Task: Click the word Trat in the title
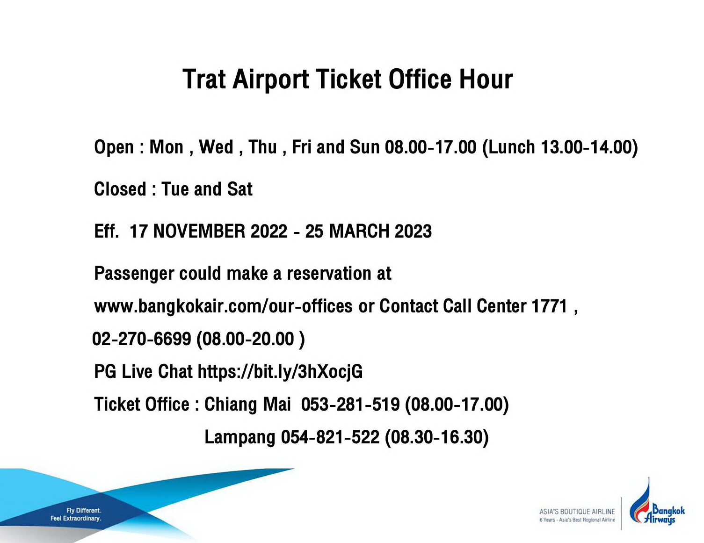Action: coord(204,79)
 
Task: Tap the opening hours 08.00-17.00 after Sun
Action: coord(430,147)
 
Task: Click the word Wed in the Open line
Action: coord(216,147)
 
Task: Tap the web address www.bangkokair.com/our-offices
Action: coord(223,306)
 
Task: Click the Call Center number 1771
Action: coord(550,306)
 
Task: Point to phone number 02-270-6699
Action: coord(142,339)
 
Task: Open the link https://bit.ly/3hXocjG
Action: coord(280,372)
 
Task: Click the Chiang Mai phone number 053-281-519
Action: coord(350,405)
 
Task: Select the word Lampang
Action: coord(240,437)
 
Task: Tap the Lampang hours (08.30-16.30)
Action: coord(437,437)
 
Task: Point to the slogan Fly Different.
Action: coord(84,511)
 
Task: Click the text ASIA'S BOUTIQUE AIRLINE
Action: coord(577,512)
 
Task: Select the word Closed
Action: coord(120,189)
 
